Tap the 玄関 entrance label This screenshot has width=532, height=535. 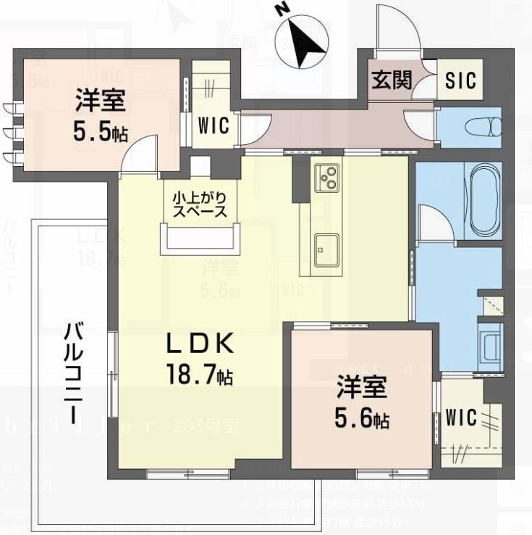coord(392,80)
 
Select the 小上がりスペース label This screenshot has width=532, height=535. coord(200,204)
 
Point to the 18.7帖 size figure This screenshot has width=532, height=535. coord(200,376)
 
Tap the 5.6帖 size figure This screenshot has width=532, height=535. coord(362,418)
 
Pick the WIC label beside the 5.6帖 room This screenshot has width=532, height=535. coord(460,418)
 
